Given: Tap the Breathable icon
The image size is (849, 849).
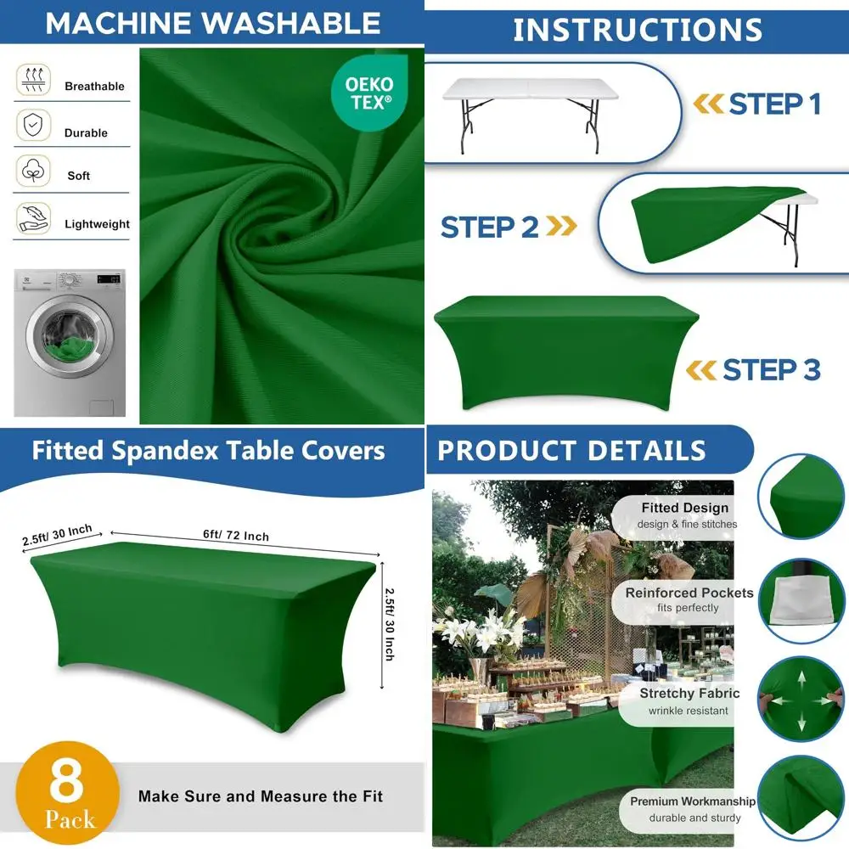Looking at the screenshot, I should pyautogui.click(x=32, y=81).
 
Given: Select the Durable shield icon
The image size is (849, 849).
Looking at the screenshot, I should pyautogui.click(x=32, y=126).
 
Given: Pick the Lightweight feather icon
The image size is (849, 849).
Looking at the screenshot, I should pyautogui.click(x=32, y=218).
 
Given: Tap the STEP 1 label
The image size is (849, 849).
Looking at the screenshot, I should pyautogui.click(x=774, y=104).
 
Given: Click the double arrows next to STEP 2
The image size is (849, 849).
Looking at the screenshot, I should pyautogui.click(x=562, y=227).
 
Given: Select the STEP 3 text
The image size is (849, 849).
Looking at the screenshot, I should pyautogui.click(x=771, y=370).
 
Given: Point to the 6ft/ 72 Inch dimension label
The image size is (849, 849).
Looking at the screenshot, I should pyautogui.click(x=236, y=535).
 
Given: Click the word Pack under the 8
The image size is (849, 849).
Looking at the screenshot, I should pyautogui.click(x=70, y=821).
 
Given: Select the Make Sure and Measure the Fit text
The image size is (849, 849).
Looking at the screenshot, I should pyautogui.click(x=260, y=796).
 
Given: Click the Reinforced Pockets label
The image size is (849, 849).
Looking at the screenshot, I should pyautogui.click(x=689, y=593).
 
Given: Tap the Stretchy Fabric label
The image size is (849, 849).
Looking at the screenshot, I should pyautogui.click(x=689, y=693).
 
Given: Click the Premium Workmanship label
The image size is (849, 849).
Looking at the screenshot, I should pyautogui.click(x=692, y=801).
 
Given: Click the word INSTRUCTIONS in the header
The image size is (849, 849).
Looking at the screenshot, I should pyautogui.click(x=638, y=30).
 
